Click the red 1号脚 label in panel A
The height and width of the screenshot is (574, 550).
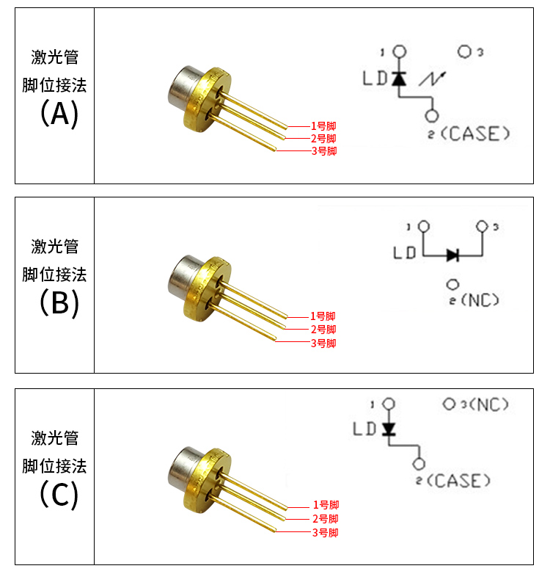tap(323, 126)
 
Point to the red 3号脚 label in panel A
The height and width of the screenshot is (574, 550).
tap(323, 151)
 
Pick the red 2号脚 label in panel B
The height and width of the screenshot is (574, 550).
tap(323, 330)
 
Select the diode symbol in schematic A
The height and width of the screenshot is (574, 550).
tap(399, 78)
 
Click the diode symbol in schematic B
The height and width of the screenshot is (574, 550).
tap(452, 255)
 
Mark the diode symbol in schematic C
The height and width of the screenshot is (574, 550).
tap(388, 428)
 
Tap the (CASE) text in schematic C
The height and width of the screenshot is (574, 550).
tap(458, 481)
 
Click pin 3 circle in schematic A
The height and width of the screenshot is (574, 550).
tap(464, 52)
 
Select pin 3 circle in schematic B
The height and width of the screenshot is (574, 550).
tap(482, 226)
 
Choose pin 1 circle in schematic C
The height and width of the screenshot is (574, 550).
tap(389, 404)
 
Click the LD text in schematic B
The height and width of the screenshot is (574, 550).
tap(405, 253)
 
